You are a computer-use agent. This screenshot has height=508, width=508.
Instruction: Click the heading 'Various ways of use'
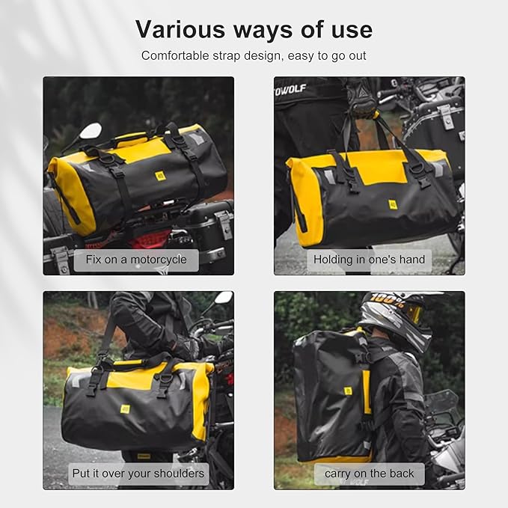click(x=254, y=29)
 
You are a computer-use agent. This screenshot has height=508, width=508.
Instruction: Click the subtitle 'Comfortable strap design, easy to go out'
click(x=254, y=55)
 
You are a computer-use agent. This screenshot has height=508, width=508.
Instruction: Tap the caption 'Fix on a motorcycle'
click(x=135, y=260)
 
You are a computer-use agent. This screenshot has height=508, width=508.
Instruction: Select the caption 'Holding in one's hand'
click(x=369, y=260)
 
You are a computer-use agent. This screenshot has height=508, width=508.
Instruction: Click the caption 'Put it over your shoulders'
click(x=138, y=473)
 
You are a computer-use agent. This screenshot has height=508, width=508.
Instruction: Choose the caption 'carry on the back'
click(x=369, y=473)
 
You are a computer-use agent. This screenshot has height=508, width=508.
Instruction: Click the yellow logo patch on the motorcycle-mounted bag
click(x=160, y=176)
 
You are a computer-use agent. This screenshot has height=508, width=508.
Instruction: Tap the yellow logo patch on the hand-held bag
click(x=393, y=203)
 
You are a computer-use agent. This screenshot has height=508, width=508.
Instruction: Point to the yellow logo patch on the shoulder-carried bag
click(x=125, y=409)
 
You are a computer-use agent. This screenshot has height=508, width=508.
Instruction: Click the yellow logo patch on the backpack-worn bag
click(x=348, y=391)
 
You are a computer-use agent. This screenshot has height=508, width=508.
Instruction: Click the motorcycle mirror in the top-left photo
click(x=90, y=132)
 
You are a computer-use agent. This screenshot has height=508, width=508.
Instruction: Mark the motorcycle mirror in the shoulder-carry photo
click(x=223, y=298)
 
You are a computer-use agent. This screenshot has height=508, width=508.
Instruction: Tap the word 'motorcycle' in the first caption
click(x=162, y=260)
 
